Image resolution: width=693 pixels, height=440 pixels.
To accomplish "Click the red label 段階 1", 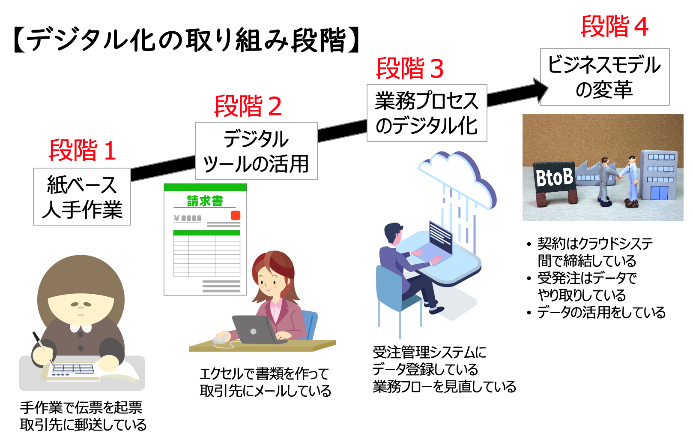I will tap(82, 151).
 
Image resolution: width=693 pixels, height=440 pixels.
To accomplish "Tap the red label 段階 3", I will tap(409, 69).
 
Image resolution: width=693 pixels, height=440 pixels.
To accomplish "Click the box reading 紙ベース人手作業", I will tap(82, 197).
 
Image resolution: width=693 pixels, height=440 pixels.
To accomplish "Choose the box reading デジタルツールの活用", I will tap(256, 151).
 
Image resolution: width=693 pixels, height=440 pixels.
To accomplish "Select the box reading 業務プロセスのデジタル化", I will tap(427, 113).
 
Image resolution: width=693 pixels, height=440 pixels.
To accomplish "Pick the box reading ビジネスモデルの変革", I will tap(604, 77).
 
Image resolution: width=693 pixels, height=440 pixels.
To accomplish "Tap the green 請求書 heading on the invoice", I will tap(205, 201).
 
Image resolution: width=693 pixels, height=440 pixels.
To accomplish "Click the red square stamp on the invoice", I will tap(236, 215).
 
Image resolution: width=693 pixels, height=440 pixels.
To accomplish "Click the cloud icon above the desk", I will tap(456, 176).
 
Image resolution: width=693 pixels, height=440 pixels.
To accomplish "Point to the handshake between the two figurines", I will tap(618, 175).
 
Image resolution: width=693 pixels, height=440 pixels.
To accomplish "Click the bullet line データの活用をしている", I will tap(601, 312).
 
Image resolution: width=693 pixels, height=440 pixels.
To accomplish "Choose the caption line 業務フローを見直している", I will tap(444, 386).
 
